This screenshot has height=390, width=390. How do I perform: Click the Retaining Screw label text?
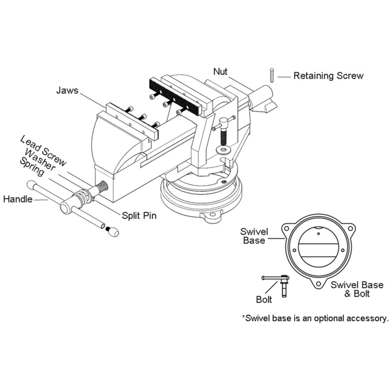click(328, 76)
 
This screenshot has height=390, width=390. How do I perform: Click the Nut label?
click(220, 71)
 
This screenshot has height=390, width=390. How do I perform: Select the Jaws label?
click(67, 90)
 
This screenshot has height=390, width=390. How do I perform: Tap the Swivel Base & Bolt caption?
click(350, 289)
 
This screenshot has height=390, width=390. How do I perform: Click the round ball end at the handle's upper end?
click(32, 185)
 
